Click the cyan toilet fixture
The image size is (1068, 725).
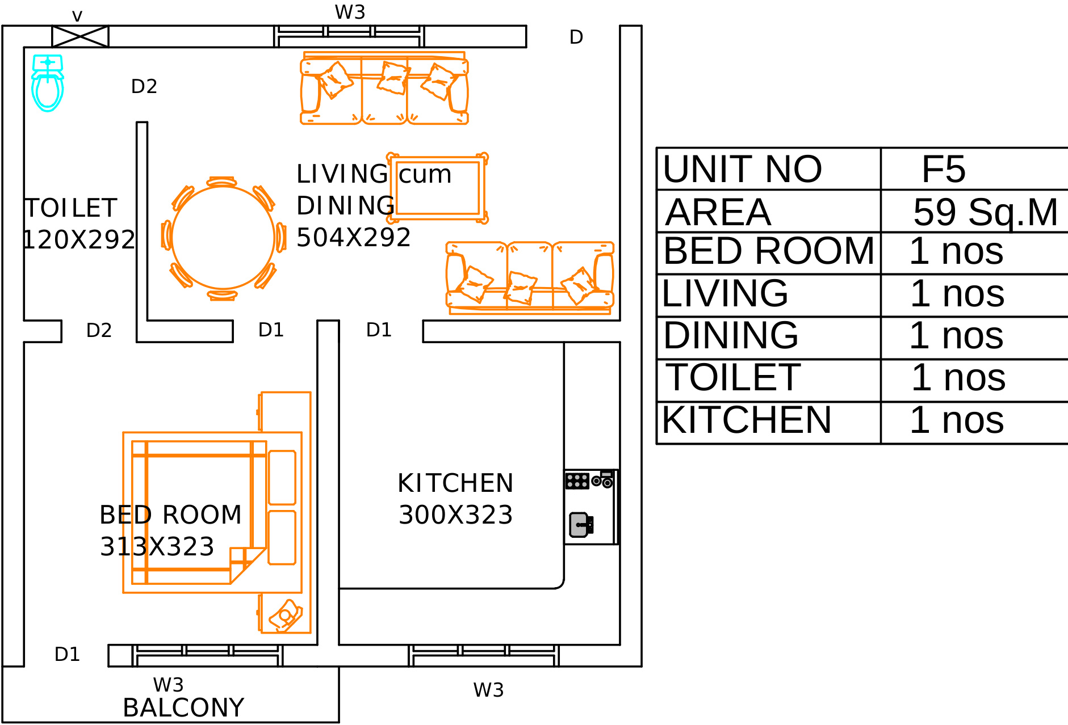pos(48,83)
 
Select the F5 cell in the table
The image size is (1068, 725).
pos(943,168)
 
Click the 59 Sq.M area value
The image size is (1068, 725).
pos(986,212)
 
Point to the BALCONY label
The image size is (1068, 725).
pos(183,707)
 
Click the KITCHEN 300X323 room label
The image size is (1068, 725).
pos(455,499)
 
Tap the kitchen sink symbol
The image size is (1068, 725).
pos(581,525)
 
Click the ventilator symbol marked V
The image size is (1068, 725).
pos(80,36)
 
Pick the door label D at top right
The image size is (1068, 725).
pos(576,37)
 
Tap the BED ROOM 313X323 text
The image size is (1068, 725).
pos(170,531)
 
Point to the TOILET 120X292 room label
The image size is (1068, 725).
pos(78,224)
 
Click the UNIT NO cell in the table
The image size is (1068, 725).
pos(742,168)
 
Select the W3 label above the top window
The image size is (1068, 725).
pos(350,12)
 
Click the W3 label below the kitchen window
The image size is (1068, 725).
pos(488,690)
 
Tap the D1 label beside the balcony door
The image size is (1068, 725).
pos(67,654)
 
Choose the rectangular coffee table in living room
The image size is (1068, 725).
pos(437,188)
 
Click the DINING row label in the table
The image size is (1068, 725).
pos(731,335)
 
